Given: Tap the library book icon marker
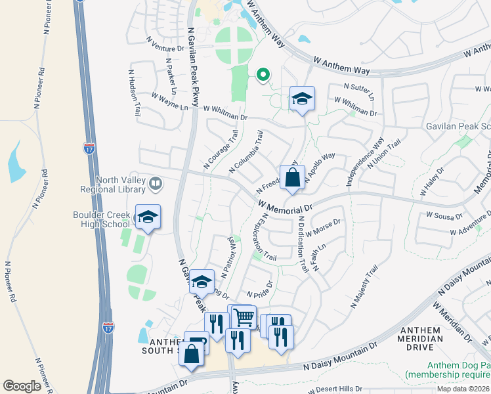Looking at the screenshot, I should (156, 183).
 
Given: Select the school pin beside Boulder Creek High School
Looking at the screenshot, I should (148, 218).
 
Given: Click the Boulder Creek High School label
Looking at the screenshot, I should (102, 219).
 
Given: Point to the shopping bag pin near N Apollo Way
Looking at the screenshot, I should (292, 178).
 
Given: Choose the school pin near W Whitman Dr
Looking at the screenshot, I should (302, 100).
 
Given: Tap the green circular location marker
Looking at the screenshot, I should (263, 75).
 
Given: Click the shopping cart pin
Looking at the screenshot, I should (244, 318).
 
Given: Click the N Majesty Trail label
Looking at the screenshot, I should (365, 287).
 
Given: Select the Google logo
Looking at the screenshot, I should (22, 385).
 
